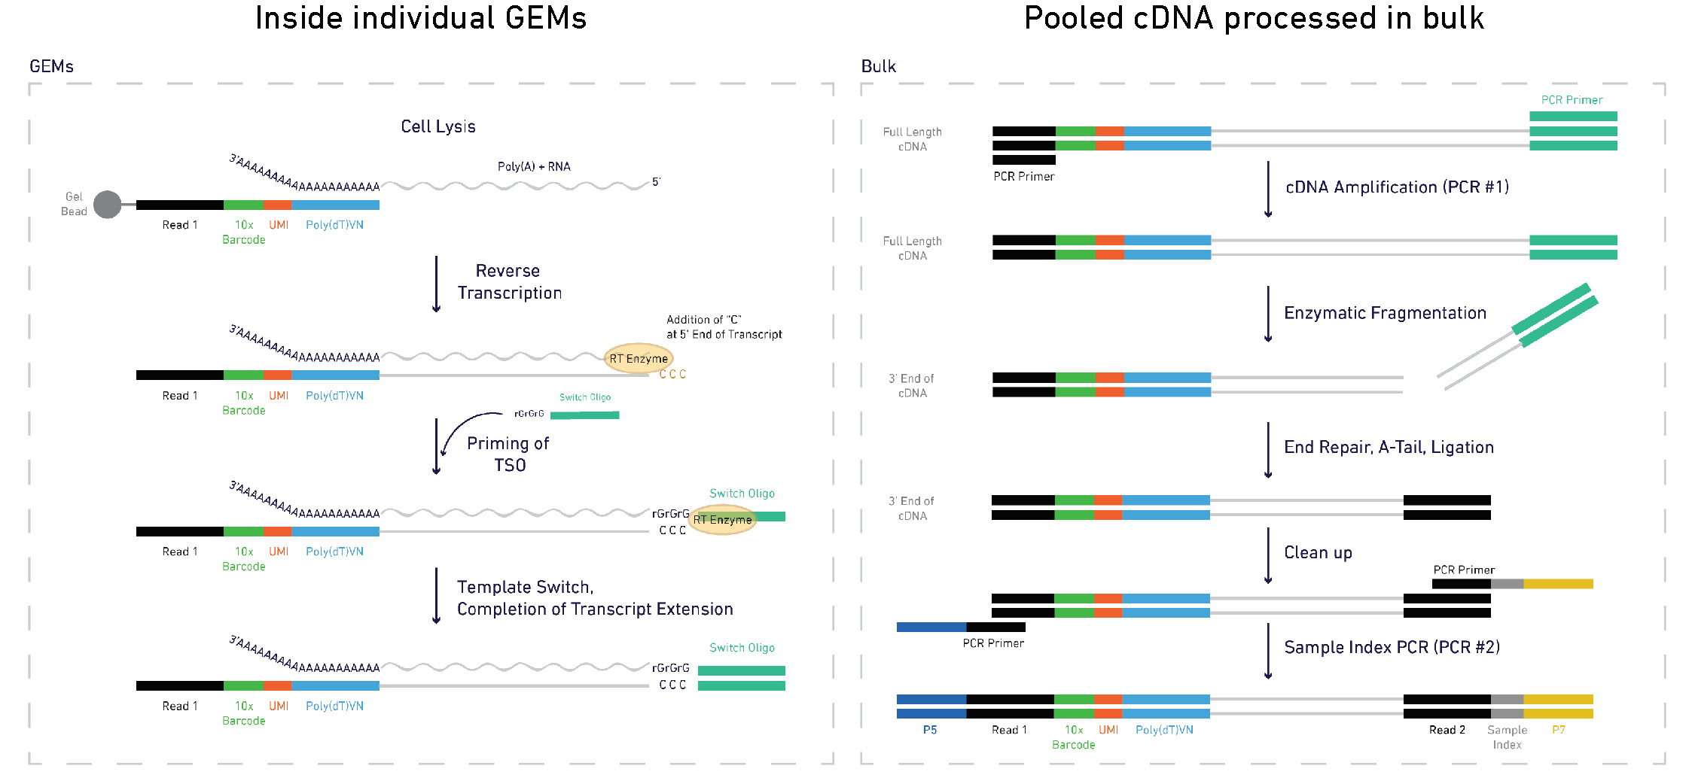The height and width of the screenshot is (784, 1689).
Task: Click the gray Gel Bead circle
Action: coord(107,204)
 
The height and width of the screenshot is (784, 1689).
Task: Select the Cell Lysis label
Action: coord(437,126)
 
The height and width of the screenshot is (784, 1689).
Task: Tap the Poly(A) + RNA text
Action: coord(533,166)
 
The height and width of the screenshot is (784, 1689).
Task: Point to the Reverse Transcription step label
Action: coord(509,281)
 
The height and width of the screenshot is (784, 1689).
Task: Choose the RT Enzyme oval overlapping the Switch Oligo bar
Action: coord(722,519)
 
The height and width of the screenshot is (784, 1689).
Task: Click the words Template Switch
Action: coord(524,587)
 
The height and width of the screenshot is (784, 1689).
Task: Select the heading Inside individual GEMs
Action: coord(420,18)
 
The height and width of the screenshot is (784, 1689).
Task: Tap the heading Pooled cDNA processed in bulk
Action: coord(1253,18)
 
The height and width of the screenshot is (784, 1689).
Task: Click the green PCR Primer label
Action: coord(1572,100)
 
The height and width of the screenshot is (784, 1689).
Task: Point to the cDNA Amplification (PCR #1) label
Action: coord(1397,187)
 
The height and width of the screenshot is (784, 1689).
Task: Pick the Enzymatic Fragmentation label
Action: coord(1385,312)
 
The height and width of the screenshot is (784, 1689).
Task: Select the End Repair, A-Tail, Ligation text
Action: coord(1389,447)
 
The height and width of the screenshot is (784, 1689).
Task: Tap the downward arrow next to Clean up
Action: coord(1268,556)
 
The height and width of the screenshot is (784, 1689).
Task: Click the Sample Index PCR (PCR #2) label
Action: coord(1392,647)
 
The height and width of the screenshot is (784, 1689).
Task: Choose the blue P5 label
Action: coord(930,730)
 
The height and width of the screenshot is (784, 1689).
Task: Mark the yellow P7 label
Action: coord(1558,730)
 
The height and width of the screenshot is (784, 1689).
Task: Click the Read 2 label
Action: coord(1447,730)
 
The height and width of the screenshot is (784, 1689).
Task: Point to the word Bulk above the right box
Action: coord(878,66)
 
